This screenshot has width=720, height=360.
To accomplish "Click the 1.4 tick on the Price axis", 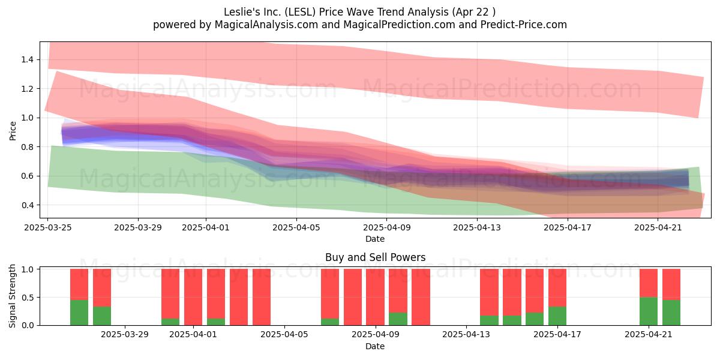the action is pyautogui.click(x=27, y=59).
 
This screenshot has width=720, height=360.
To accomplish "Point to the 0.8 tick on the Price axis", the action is pyautogui.click(x=27, y=147).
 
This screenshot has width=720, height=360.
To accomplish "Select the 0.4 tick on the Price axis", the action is pyautogui.click(x=27, y=205).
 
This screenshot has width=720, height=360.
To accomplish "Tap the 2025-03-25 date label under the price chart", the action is pyautogui.click(x=48, y=227).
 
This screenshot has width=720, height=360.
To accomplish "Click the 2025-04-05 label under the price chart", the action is pyautogui.click(x=296, y=227).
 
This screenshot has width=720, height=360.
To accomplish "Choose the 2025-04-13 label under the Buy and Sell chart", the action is pyautogui.click(x=466, y=335).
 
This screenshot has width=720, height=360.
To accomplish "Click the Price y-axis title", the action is pyautogui.click(x=13, y=131).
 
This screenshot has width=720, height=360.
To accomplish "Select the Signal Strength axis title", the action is pyautogui.click(x=12, y=296).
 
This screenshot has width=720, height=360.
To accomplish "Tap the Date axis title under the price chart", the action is pyautogui.click(x=375, y=239).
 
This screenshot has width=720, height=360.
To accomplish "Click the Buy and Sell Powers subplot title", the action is pyautogui.click(x=375, y=257).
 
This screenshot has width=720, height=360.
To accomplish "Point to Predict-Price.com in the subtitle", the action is pyautogui.click(x=524, y=25).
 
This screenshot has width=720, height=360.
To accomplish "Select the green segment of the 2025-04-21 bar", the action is pyautogui.click(x=649, y=311).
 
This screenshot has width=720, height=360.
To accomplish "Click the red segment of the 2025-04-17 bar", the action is pyautogui.click(x=557, y=287).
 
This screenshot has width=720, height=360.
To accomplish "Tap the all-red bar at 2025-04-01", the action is pyautogui.click(x=193, y=297).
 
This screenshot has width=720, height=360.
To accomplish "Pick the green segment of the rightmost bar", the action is pyautogui.click(x=671, y=313).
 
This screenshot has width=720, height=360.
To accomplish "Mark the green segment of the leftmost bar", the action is pyautogui.click(x=79, y=313).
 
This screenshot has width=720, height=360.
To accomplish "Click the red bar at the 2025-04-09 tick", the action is pyautogui.click(x=375, y=297).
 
